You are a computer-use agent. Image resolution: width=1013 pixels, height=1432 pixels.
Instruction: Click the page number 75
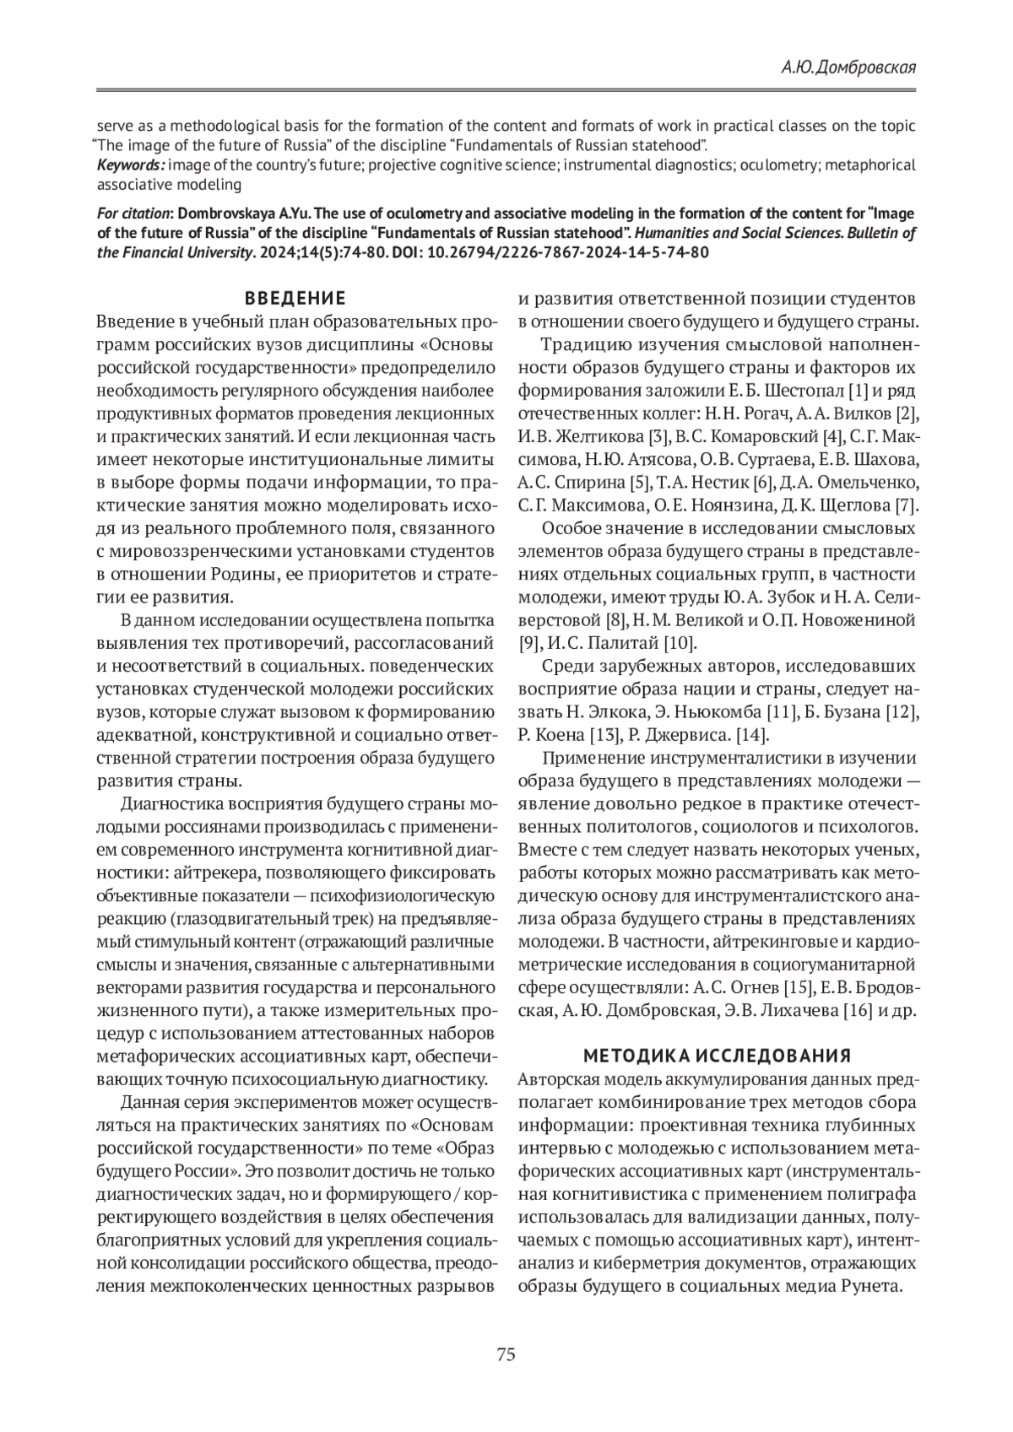click(506, 1355)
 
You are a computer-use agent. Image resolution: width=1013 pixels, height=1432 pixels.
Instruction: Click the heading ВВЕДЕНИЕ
click(295, 298)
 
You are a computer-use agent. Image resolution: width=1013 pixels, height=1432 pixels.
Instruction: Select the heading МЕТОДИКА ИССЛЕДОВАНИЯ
click(717, 1056)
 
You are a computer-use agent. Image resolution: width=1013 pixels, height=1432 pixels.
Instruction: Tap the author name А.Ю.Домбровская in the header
click(848, 68)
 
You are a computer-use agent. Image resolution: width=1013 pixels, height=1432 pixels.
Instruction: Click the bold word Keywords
click(129, 165)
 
